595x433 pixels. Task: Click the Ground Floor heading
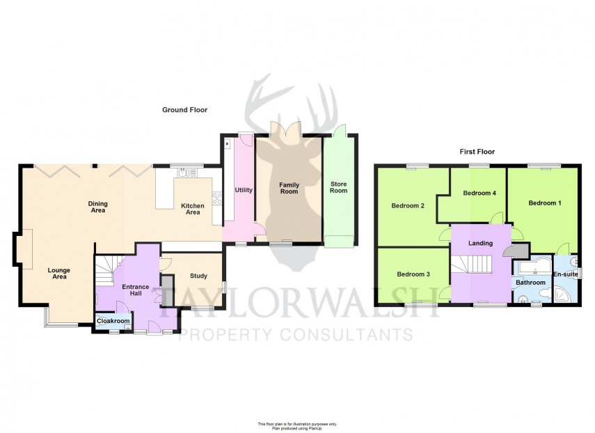184,110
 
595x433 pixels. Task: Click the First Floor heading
477,151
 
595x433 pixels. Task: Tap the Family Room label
289,189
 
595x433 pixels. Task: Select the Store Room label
338,187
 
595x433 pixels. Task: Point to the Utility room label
244,189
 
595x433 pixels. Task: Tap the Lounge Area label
58,273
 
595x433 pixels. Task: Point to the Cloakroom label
112,321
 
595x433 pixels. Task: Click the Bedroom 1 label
544,203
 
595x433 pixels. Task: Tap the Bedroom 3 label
413,274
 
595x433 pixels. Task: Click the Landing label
480,243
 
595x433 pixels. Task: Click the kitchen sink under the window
184,172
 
